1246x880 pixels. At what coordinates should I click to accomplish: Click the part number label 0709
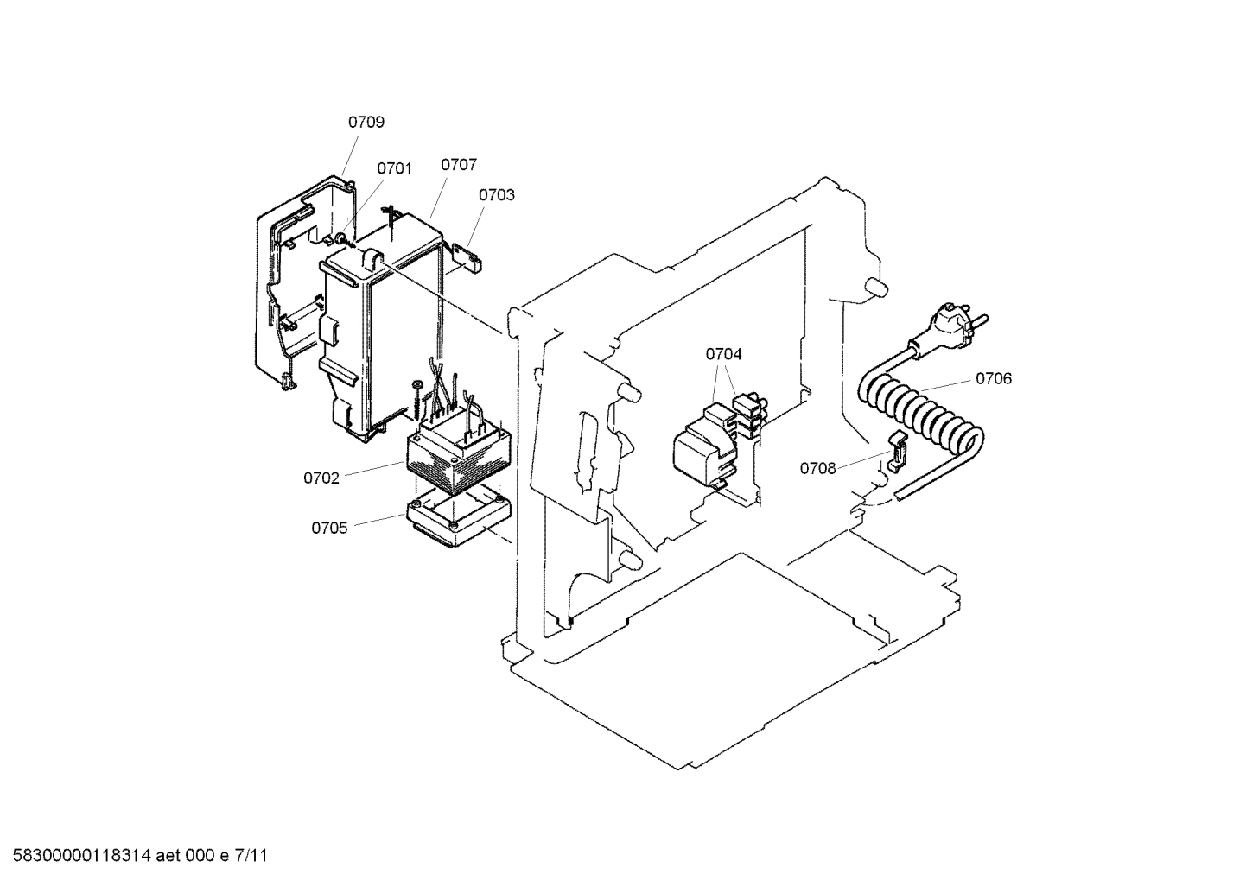[366, 123]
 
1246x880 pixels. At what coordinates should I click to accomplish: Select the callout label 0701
[394, 168]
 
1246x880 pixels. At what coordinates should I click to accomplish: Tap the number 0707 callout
[459, 164]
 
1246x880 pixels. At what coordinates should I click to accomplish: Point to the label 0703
[497, 195]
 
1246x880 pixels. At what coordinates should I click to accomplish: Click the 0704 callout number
[723, 354]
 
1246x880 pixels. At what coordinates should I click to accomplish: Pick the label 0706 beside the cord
[994, 378]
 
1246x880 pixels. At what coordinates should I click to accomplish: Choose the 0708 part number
[817, 469]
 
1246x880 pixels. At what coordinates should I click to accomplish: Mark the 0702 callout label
[321, 478]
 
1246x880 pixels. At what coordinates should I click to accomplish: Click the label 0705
[330, 528]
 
